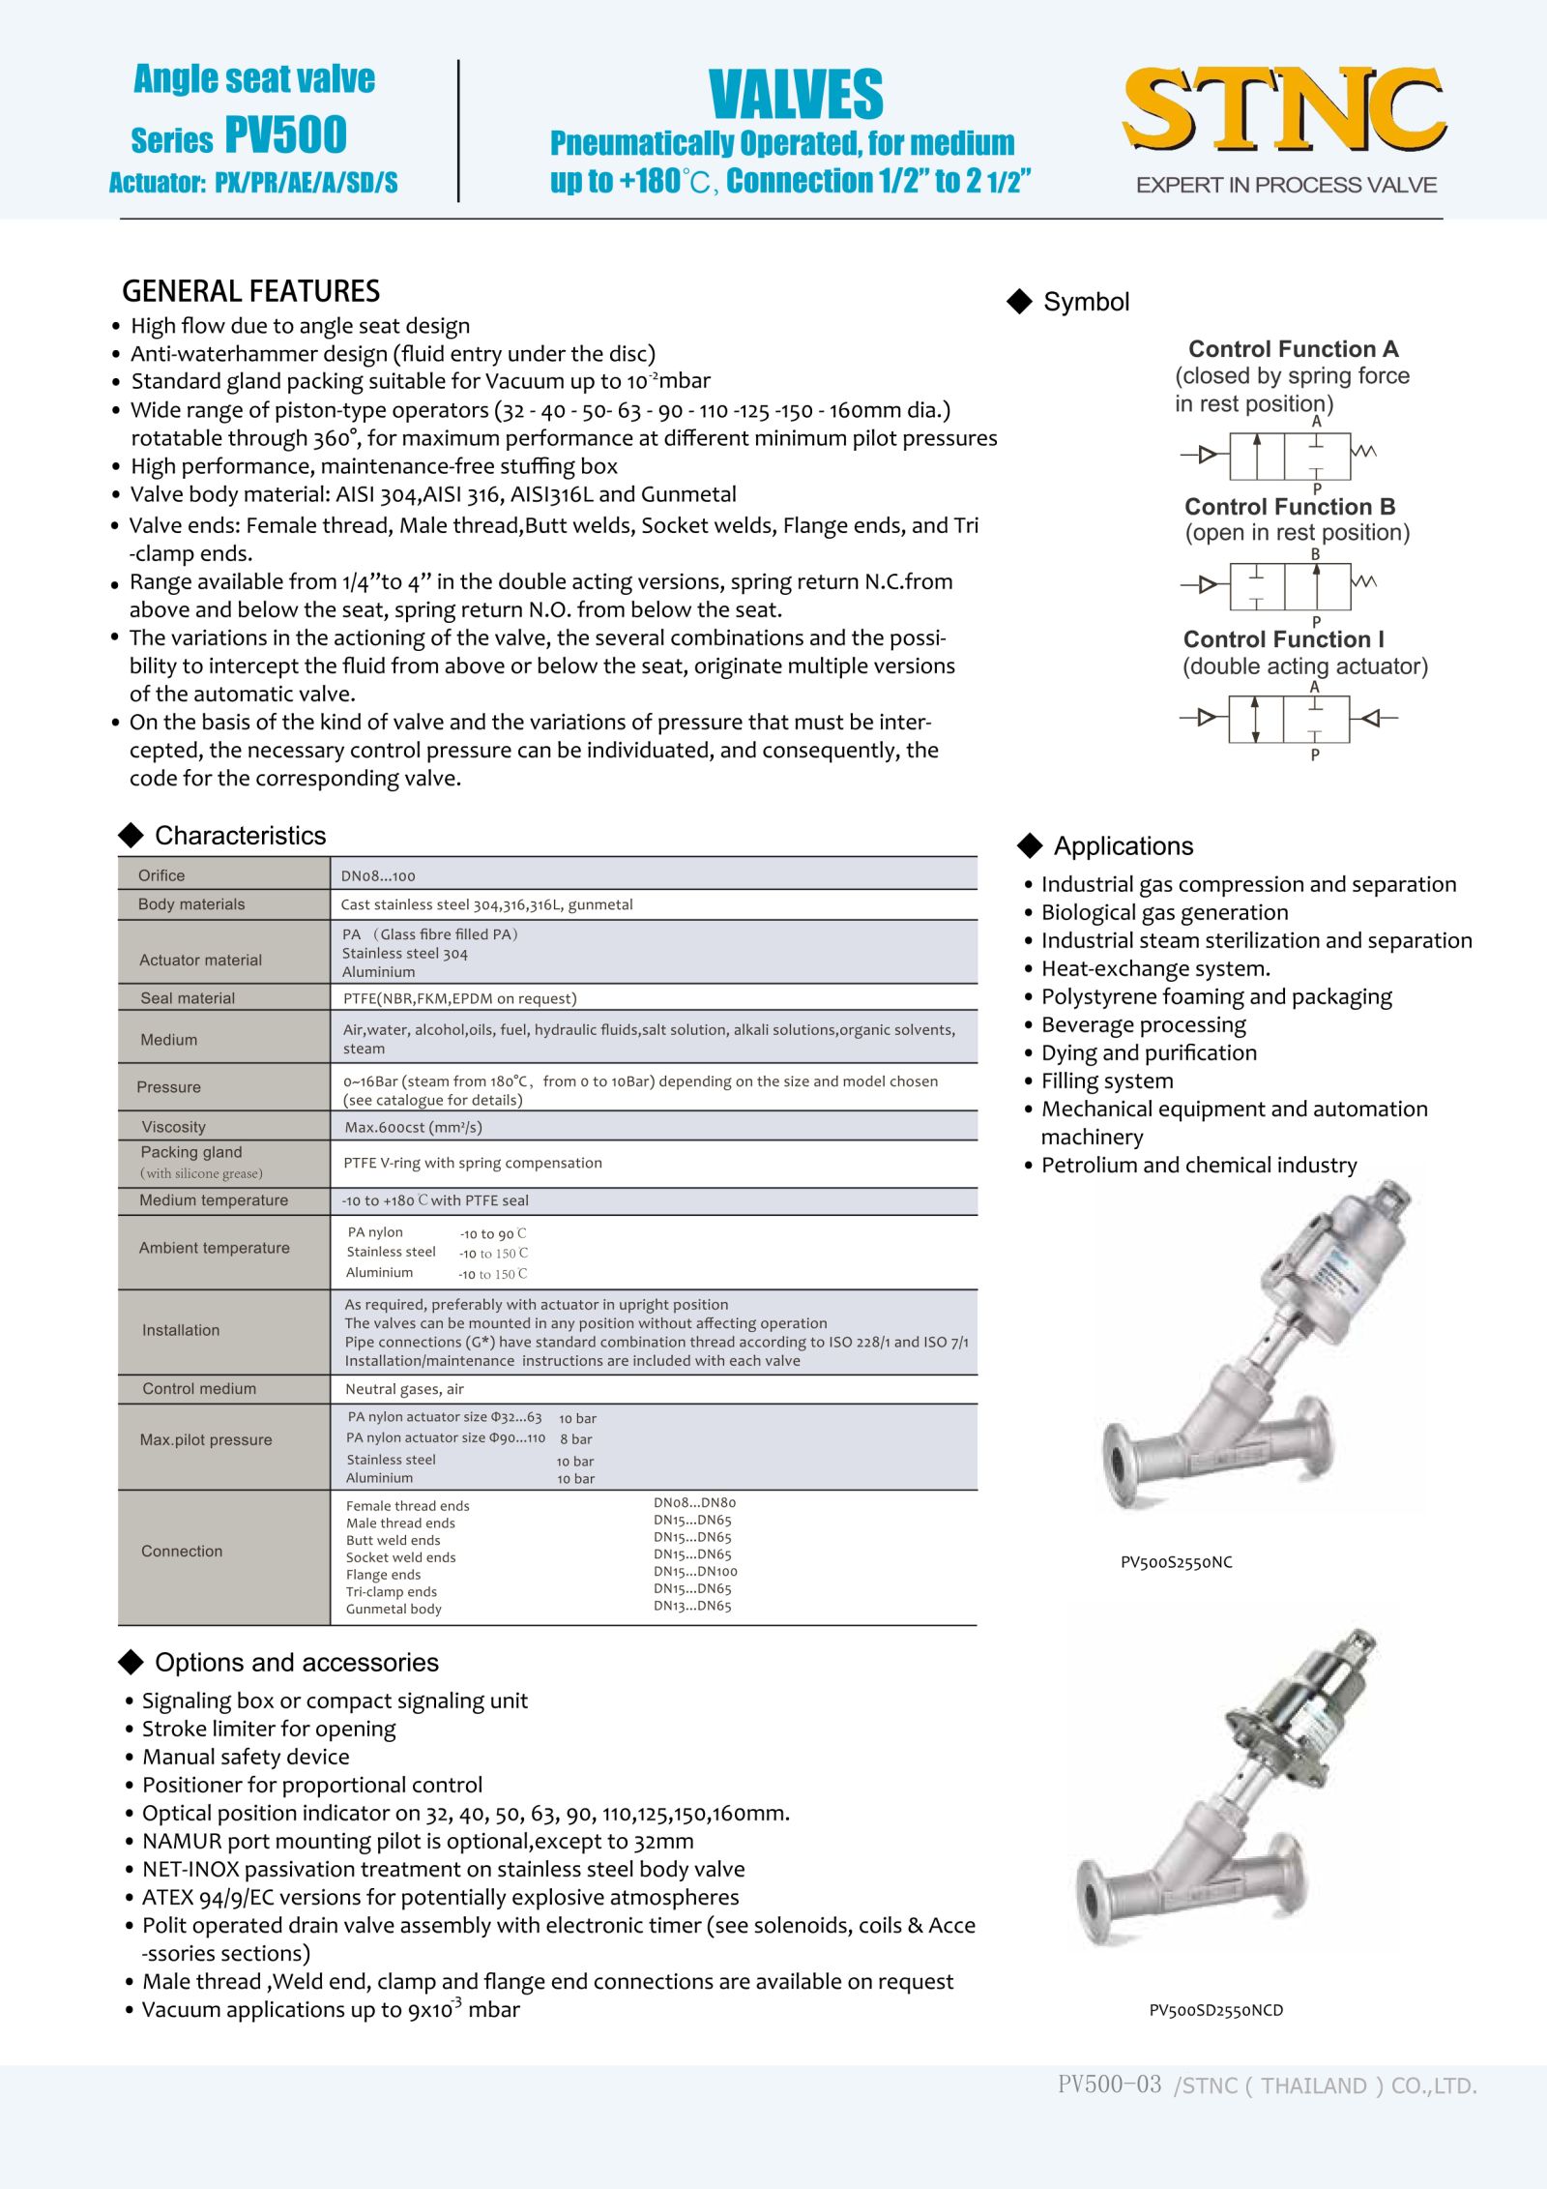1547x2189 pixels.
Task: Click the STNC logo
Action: point(1284,109)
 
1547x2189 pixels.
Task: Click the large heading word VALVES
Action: point(795,95)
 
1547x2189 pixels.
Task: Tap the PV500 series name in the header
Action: point(286,134)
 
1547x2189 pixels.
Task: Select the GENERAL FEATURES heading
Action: point(250,291)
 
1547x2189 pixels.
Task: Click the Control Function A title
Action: point(1293,349)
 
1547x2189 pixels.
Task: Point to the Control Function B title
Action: point(1290,507)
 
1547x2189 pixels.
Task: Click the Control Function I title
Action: point(1283,639)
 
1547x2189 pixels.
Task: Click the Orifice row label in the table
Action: point(161,875)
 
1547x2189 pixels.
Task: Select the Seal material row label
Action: point(188,998)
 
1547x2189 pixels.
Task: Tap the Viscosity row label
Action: point(174,1127)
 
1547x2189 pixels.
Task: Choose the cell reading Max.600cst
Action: point(413,1127)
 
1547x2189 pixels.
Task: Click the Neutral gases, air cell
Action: point(404,1389)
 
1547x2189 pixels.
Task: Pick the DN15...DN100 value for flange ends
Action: point(695,1572)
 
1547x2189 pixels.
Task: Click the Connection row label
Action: point(182,1552)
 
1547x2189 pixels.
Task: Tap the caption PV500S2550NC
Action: point(1176,1562)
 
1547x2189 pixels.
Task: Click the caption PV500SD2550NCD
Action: point(1215,2010)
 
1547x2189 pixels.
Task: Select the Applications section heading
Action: point(1123,846)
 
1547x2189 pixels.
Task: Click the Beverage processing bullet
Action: point(1143,1024)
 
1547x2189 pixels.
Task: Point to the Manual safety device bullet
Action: point(246,1757)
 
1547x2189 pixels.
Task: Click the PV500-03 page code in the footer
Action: point(1109,2085)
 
